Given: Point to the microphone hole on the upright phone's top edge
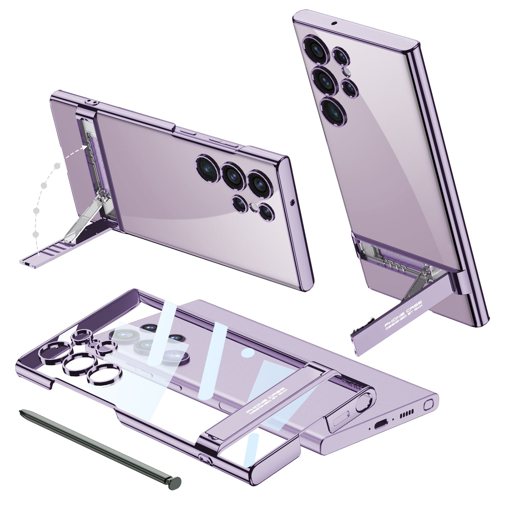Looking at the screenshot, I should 334,24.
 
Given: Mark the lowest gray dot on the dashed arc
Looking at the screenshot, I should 36,234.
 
